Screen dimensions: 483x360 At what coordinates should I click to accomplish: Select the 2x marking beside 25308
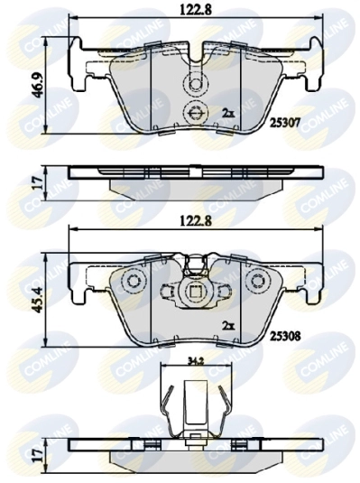click(x=228, y=324)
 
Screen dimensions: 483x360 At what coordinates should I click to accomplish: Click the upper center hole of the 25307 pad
click(x=195, y=84)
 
